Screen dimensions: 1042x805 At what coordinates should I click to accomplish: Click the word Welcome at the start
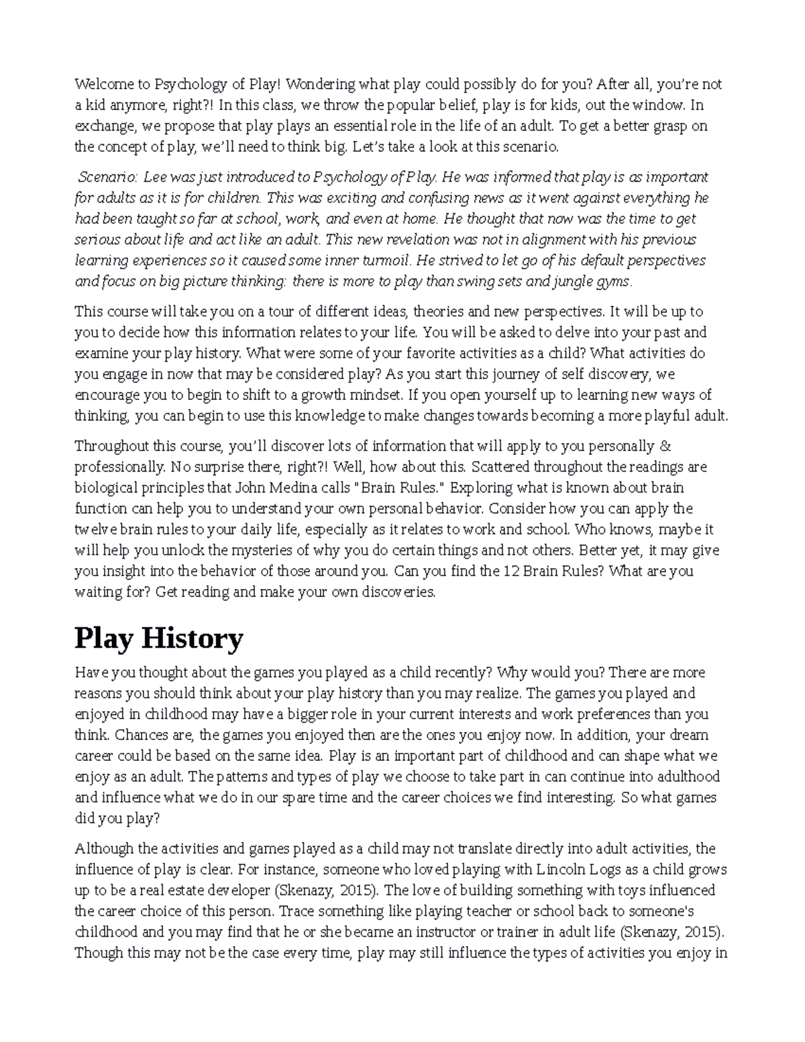click(99, 85)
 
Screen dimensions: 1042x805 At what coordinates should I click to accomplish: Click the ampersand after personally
click(666, 446)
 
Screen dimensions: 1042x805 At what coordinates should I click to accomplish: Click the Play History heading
click(158, 638)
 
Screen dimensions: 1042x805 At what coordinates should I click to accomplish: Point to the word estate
click(192, 891)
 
